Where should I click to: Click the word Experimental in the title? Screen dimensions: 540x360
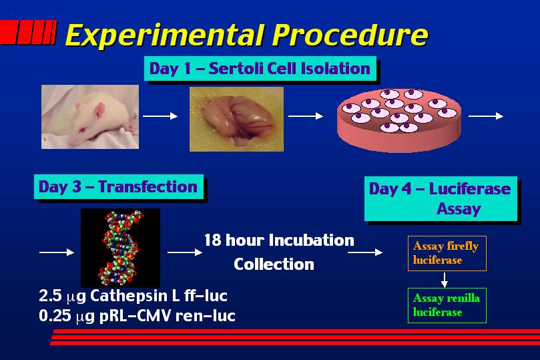(x=165, y=35)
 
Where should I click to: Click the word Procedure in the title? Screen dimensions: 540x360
(x=350, y=35)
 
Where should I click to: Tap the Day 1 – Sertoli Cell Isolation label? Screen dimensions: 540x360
(x=260, y=68)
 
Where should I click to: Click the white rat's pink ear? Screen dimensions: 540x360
(x=99, y=110)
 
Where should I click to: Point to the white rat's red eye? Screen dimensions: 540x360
(x=83, y=130)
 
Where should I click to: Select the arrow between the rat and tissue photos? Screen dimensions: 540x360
(x=160, y=116)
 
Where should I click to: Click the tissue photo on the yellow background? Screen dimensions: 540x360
(x=236, y=119)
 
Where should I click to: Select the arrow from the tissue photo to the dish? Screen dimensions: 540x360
(x=306, y=116)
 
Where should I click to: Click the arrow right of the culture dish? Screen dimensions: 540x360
(x=486, y=116)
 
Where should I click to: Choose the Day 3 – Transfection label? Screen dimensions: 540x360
(x=118, y=186)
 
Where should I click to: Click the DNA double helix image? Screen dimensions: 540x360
(x=121, y=247)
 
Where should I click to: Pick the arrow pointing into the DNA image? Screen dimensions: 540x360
(x=57, y=252)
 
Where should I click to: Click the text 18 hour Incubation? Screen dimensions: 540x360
(x=279, y=240)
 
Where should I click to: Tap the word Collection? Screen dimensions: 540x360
(x=274, y=264)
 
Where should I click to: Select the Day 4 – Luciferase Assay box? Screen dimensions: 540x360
(x=441, y=198)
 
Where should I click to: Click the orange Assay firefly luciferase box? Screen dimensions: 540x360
(x=447, y=253)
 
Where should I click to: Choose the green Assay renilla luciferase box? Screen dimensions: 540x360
(x=447, y=305)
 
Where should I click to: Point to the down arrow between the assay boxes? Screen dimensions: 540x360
(x=445, y=280)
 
